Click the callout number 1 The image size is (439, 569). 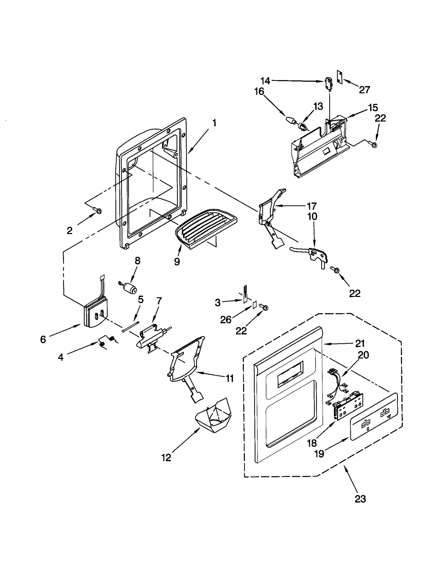click(214, 123)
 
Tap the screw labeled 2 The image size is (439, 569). click(98, 210)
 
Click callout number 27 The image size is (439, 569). click(364, 90)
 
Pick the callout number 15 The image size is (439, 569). click(373, 107)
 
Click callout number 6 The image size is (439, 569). click(43, 339)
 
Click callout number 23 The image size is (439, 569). click(360, 499)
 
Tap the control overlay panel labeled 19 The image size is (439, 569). click(374, 416)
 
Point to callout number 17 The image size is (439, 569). click(312, 206)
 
